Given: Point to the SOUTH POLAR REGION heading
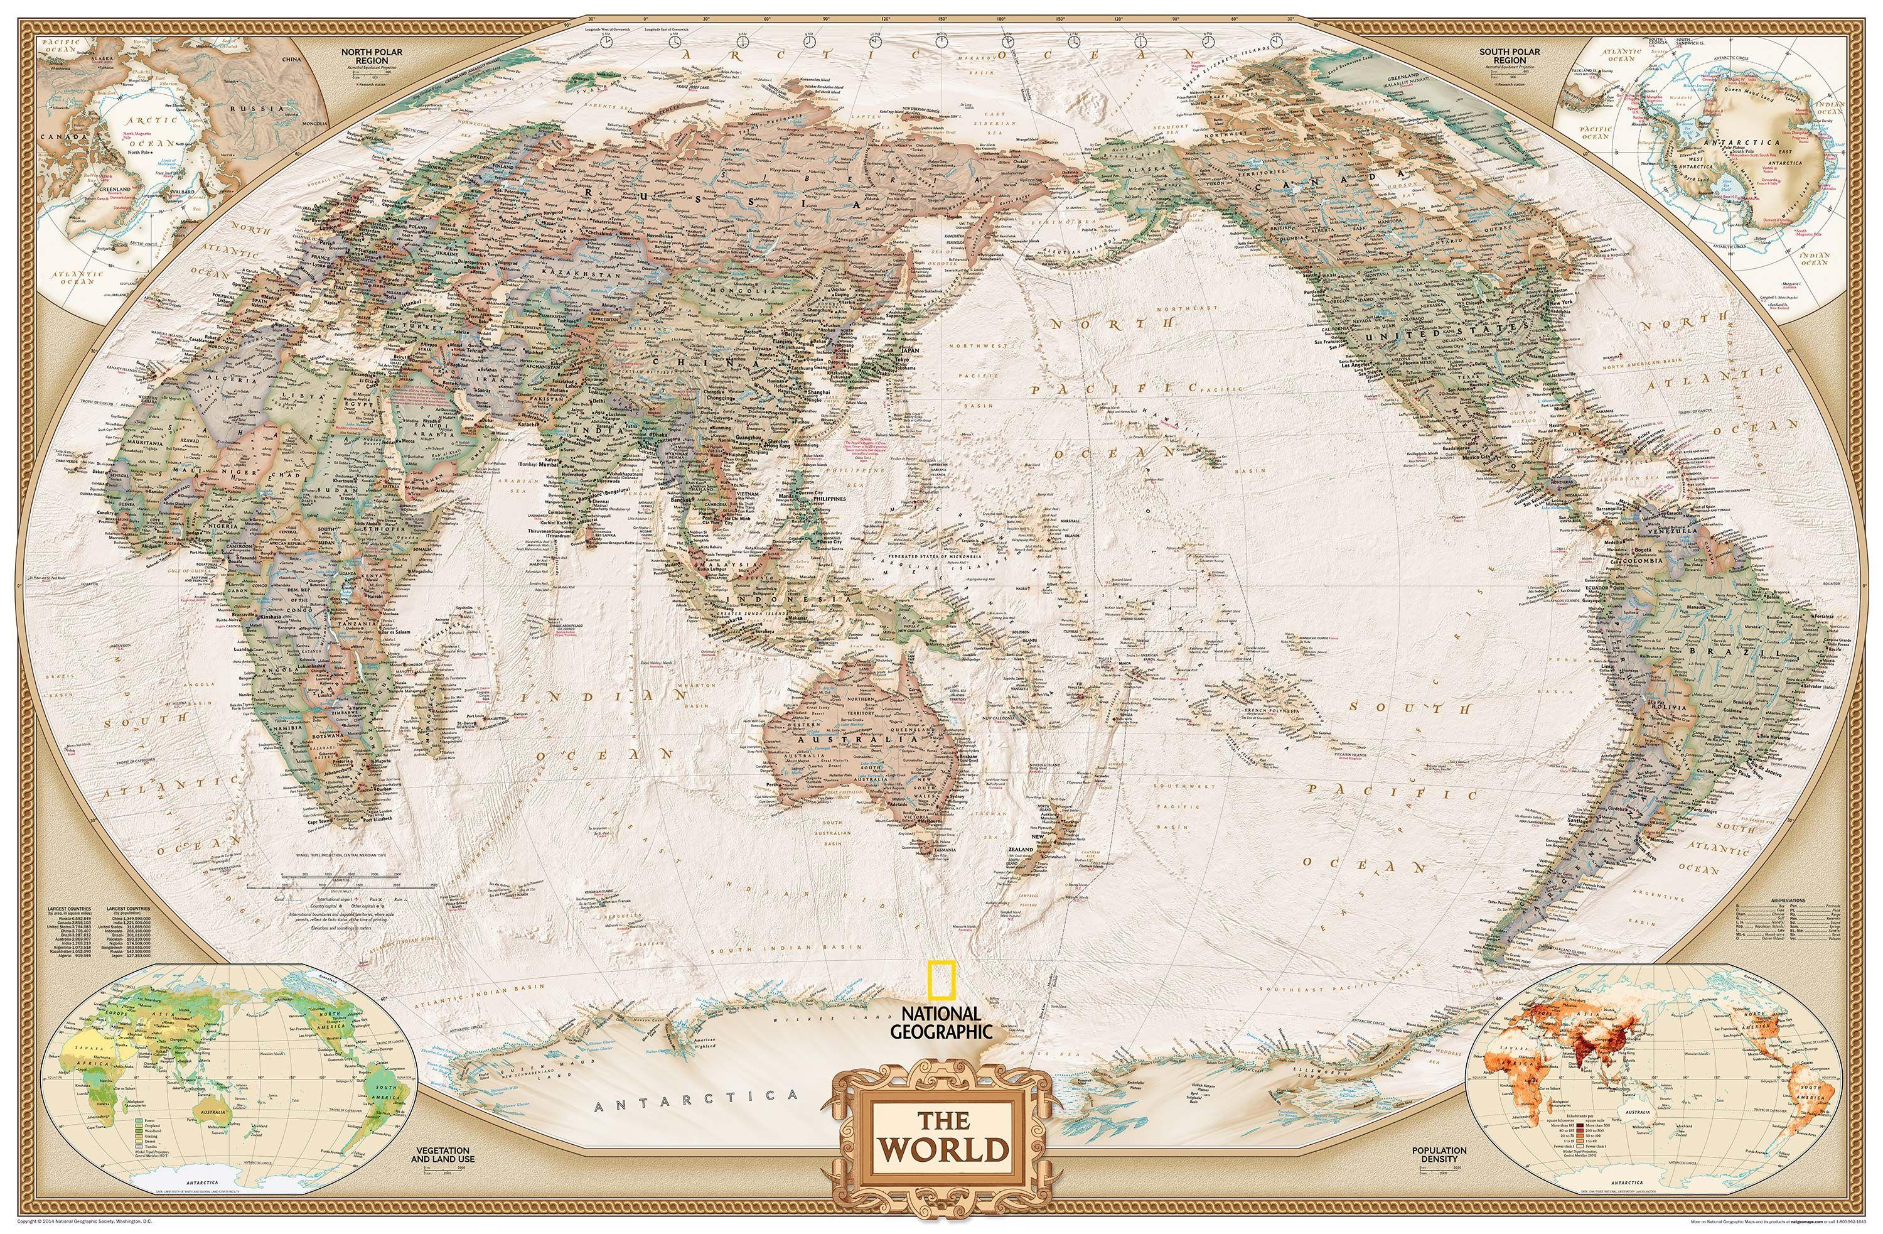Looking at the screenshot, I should coord(1503,56).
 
